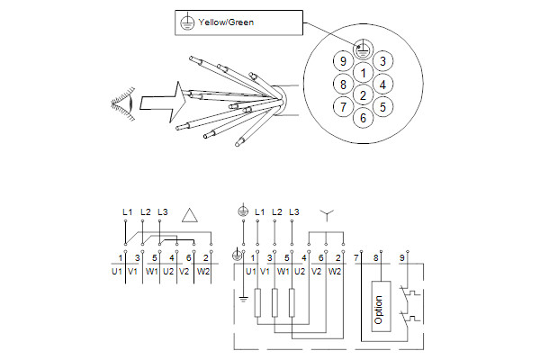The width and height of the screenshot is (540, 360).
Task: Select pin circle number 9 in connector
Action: pos(341,60)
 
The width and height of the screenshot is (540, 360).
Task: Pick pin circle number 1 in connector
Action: pos(362,72)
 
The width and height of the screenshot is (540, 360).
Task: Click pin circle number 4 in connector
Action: pos(383,85)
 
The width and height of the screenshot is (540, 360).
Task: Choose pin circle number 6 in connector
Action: pos(362,117)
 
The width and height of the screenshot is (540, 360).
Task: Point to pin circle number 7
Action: pos(341,107)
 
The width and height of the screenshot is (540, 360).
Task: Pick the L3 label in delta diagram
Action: pos(162,211)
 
